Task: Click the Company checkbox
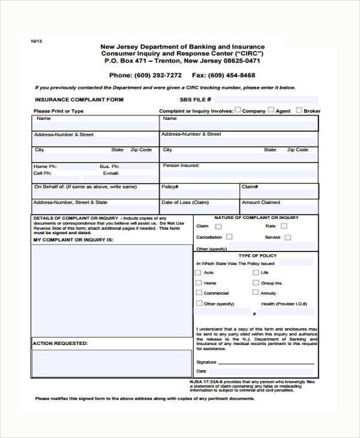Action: (238, 110)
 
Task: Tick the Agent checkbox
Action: (271, 110)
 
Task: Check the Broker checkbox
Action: (299, 110)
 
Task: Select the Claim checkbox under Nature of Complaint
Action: (218, 226)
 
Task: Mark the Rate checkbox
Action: (284, 226)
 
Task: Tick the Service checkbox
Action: (288, 237)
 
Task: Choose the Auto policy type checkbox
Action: (199, 272)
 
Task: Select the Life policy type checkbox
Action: (256, 272)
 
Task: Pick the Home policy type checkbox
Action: (199, 283)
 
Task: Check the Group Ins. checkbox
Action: (256, 283)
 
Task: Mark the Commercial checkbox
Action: (199, 293)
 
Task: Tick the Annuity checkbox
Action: (256, 293)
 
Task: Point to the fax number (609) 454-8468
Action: (233, 76)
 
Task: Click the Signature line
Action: (266, 362)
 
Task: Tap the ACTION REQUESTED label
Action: (60, 344)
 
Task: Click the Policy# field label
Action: (169, 187)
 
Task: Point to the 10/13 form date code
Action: (37, 41)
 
